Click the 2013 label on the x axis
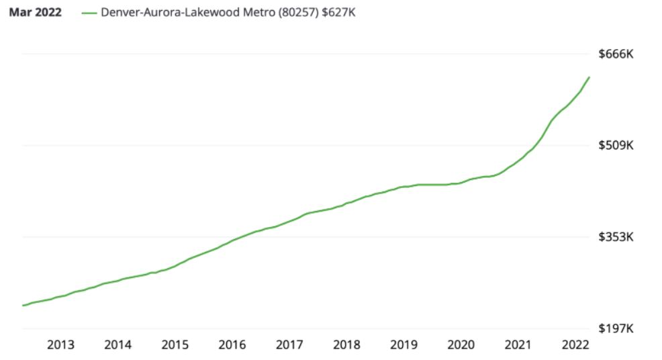tap(60, 345)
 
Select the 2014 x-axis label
tap(117, 345)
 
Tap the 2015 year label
tap(175, 345)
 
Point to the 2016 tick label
tap(232, 345)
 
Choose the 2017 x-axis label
tap(289, 345)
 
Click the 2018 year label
tap(346, 345)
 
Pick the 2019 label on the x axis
tap(404, 345)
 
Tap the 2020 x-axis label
tap(461, 345)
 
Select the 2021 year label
tap(518, 345)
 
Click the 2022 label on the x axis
tap(575, 345)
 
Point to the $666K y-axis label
tap(616, 54)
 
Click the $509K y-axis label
tap(616, 145)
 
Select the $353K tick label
tap(616, 237)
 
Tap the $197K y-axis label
tap(616, 328)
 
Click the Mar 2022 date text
tap(35, 13)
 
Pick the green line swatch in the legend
tap(88, 13)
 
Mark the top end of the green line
tap(589, 77)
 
